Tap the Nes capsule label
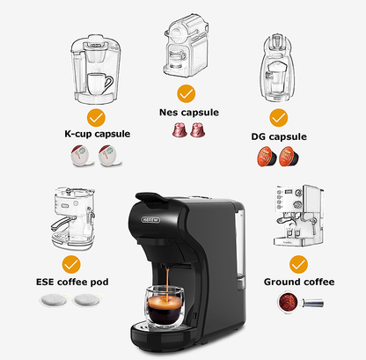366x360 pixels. pos(188,112)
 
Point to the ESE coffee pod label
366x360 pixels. pos(85,283)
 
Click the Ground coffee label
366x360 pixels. pos(299,283)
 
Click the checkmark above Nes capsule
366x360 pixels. pos(186,92)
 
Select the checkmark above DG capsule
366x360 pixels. pos(279,118)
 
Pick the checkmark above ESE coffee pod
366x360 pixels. pos(73,263)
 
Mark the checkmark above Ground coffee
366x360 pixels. pos(299,263)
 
